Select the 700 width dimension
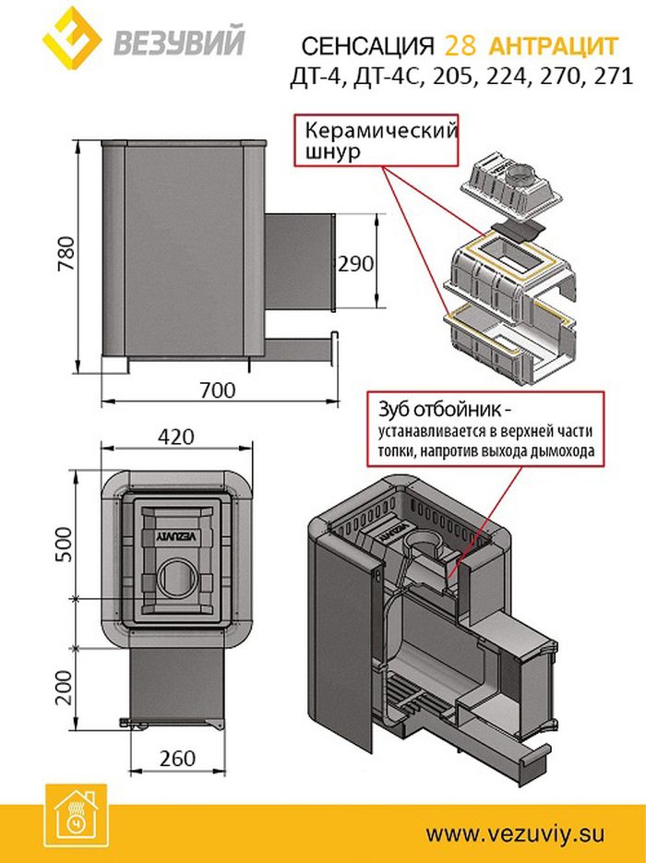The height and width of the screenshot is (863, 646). pos(217,390)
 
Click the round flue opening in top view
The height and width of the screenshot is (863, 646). pos(174,580)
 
